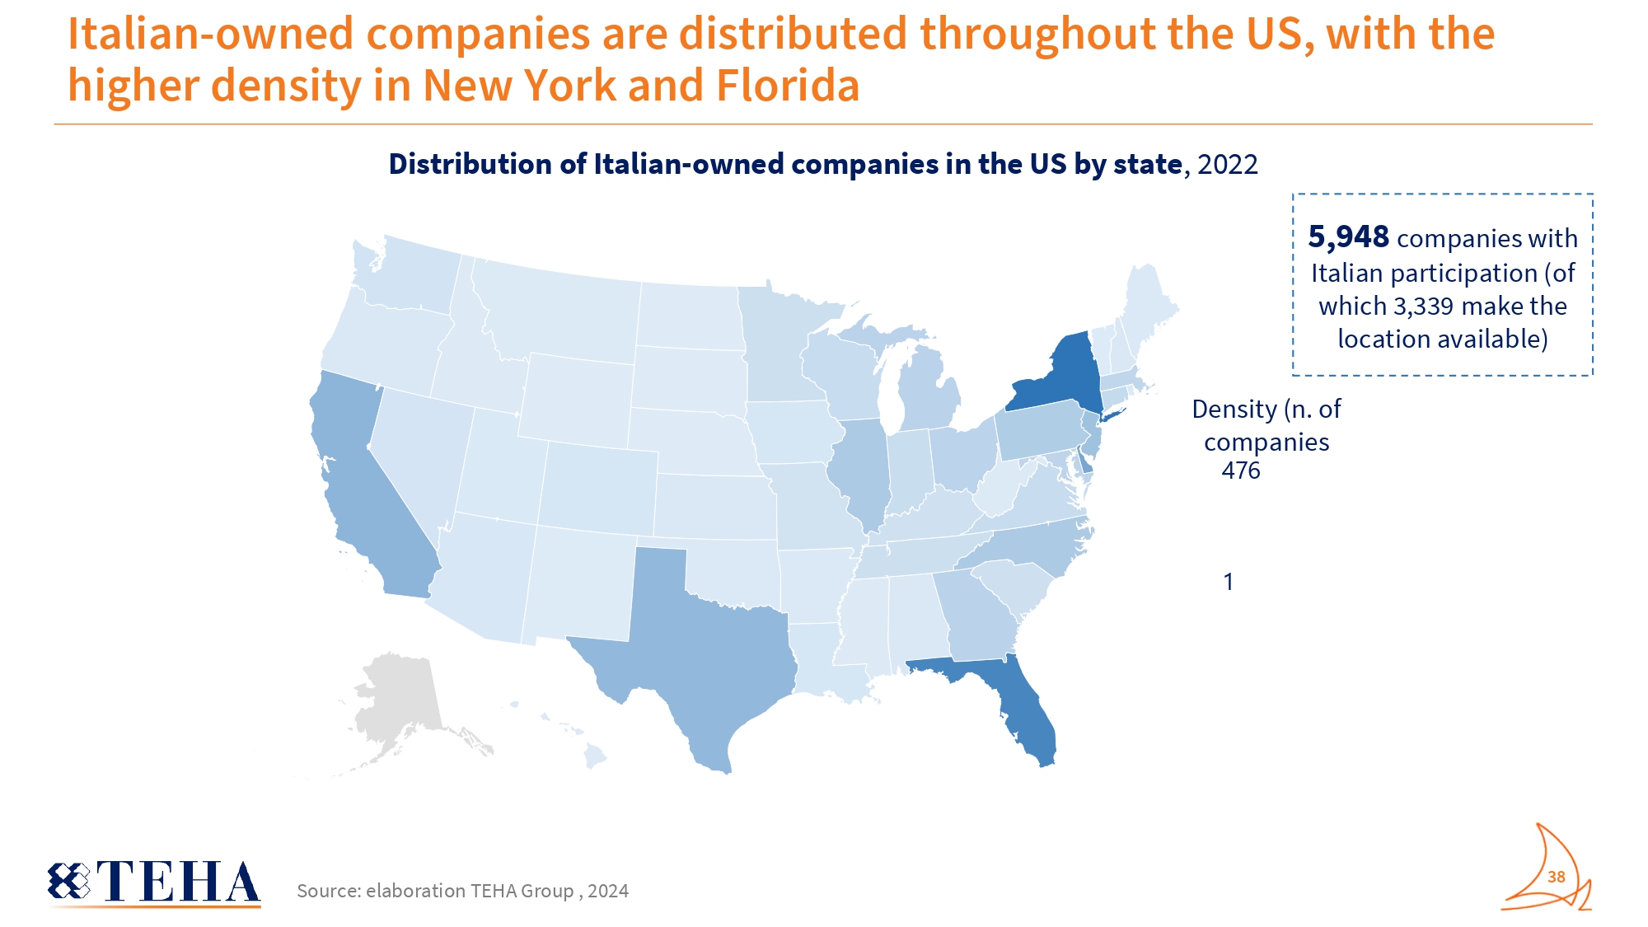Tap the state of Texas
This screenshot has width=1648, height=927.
[709, 651]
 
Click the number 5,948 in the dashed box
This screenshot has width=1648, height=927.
[1348, 237]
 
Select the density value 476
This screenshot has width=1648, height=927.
[1240, 471]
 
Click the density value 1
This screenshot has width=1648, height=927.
[1228, 582]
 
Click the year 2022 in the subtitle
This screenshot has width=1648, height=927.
[1227, 164]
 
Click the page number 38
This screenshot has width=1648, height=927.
[1556, 877]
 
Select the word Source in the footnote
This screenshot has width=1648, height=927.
[327, 891]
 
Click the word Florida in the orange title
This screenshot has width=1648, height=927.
[788, 86]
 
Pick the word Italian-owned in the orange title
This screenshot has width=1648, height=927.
[211, 34]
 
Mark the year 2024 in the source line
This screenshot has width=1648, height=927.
[608, 891]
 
